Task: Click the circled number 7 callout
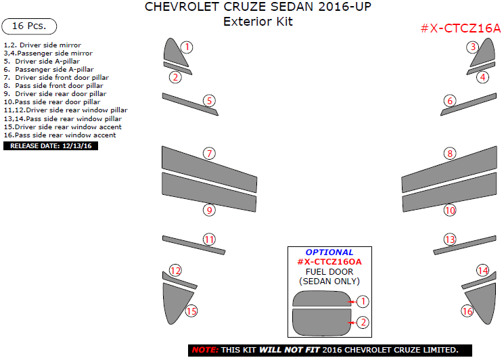tap(210, 154)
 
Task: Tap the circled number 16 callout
tap(467, 311)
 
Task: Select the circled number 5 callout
tap(210, 101)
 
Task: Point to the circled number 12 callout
tap(175, 271)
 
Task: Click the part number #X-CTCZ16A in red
tap(460, 28)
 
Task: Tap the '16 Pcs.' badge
tap(29, 26)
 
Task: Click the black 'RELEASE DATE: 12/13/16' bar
tap(51, 145)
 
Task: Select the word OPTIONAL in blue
tap(329, 252)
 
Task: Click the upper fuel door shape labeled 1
tap(319, 300)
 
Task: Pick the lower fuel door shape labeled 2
tap(319, 322)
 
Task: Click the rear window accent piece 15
tap(175, 301)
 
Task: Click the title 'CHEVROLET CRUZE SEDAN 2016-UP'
tap(258, 8)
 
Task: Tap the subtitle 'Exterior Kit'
tap(258, 22)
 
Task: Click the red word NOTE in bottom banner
tap(204, 350)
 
